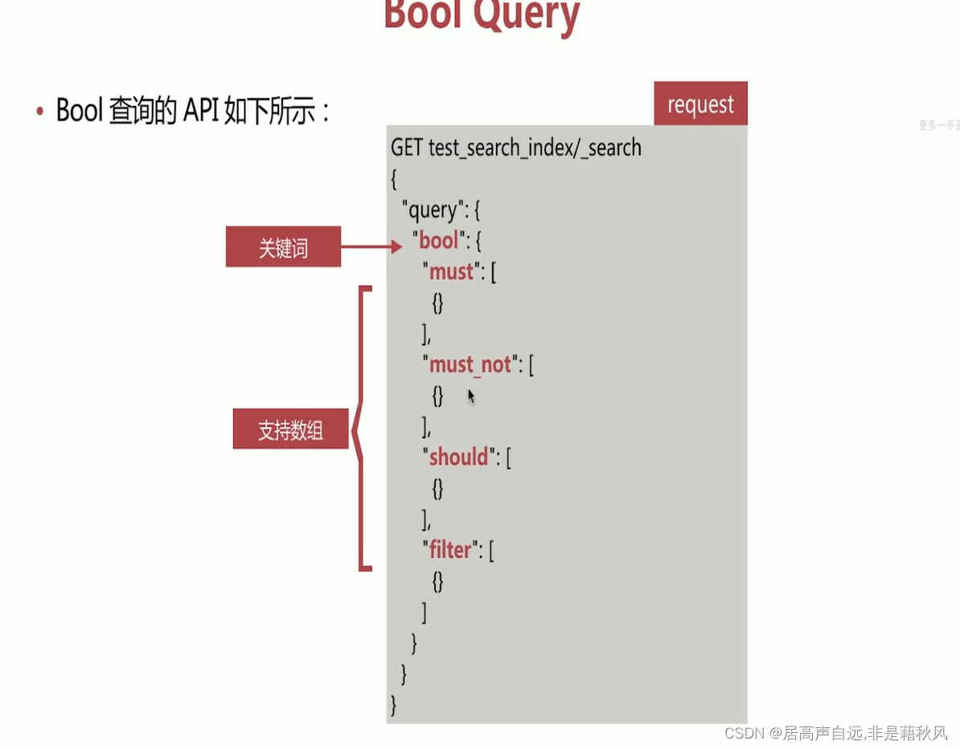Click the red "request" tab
[700, 104]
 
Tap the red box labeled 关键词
[283, 248]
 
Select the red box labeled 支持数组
[290, 430]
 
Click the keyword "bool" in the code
[438, 240]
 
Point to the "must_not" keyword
[470, 365]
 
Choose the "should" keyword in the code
[458, 457]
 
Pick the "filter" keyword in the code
[449, 550]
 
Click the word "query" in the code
[433, 211]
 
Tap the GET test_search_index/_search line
[515, 148]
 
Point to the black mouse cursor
[471, 395]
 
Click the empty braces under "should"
[437, 489]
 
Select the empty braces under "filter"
[437, 581]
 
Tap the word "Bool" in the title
[425, 15]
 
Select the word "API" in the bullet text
[200, 111]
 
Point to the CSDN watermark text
[836, 732]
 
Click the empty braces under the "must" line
[437, 303]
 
